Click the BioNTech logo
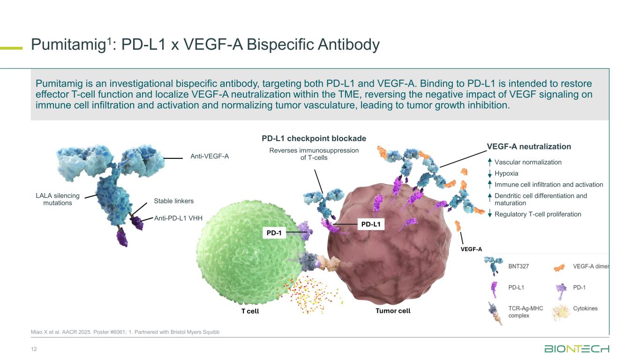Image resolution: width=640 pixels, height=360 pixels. (x=576, y=349)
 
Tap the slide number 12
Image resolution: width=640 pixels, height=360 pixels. (x=34, y=349)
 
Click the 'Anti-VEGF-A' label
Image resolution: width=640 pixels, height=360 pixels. (x=209, y=156)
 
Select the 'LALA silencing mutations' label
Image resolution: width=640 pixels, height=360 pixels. (x=58, y=199)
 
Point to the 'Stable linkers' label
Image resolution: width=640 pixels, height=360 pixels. (x=173, y=201)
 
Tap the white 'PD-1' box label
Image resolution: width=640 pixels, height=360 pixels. (x=273, y=233)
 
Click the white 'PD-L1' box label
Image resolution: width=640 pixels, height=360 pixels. (x=371, y=225)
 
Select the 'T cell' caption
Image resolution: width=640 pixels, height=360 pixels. (x=250, y=311)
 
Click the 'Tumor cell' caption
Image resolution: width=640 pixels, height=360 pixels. (x=393, y=311)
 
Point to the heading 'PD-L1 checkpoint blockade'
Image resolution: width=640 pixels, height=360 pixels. (x=314, y=138)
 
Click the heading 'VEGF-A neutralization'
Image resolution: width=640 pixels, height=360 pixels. (x=529, y=147)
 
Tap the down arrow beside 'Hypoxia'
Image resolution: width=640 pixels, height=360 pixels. (x=489, y=174)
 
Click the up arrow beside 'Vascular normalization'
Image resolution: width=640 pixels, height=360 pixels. (x=489, y=162)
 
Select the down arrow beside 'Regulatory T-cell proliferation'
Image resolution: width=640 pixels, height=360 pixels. (x=489, y=214)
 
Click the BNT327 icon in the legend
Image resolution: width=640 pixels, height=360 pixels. (x=494, y=266)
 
